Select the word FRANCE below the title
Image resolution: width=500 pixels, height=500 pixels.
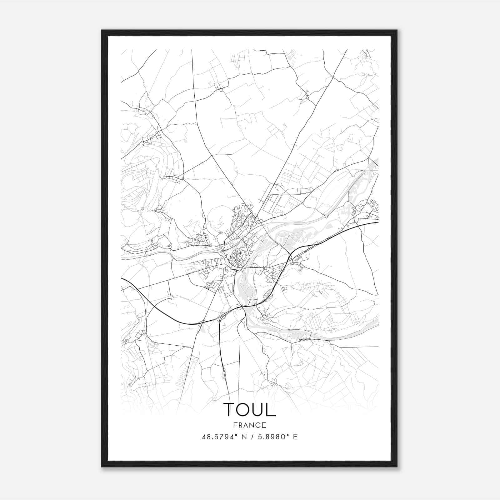249,425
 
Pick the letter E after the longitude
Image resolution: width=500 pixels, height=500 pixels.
295,437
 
